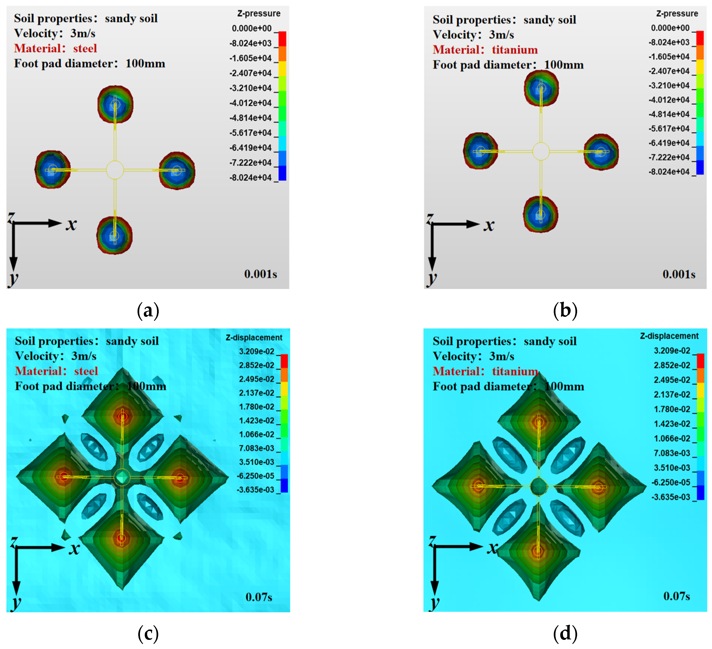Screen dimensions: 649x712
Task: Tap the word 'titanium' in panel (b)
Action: pyautogui.click(x=515, y=50)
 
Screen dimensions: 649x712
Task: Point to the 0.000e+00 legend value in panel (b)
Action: pyautogui.click(x=670, y=28)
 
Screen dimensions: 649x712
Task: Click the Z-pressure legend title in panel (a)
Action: pyautogui.click(x=259, y=13)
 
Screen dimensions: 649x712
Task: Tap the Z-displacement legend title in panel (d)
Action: pyautogui.click(x=669, y=336)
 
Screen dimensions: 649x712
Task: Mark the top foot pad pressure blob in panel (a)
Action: pyautogui.click(x=115, y=104)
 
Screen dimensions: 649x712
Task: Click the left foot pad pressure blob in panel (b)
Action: pyautogui.click(x=480, y=151)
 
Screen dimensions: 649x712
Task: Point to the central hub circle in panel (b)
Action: pyautogui.click(x=541, y=151)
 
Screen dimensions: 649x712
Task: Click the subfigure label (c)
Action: pyautogui.click(x=148, y=633)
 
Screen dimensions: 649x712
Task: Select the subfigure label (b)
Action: pyautogui.click(x=565, y=311)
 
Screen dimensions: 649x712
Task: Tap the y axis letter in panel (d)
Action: pyautogui.click(x=434, y=604)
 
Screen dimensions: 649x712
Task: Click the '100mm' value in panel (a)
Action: pyautogui.click(x=145, y=64)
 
